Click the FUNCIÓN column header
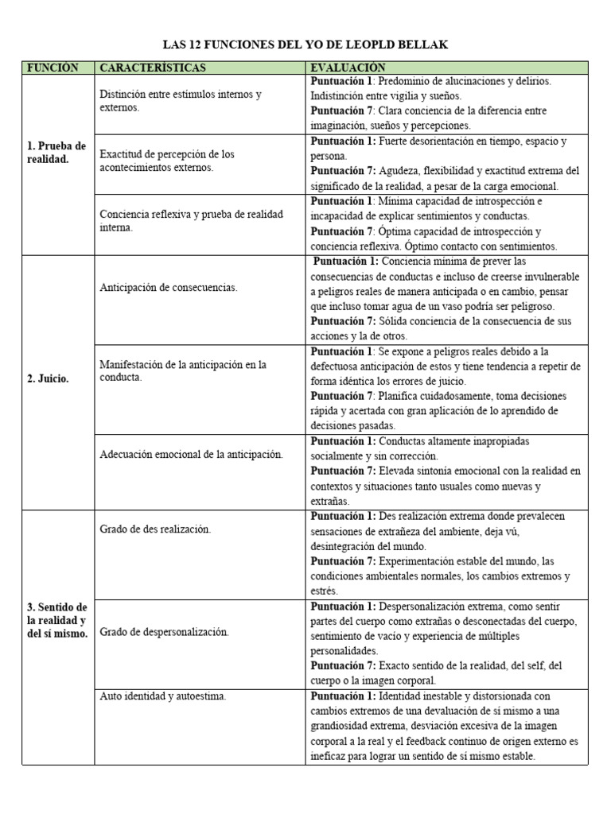53,68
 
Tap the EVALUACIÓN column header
348,68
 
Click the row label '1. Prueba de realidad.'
56,153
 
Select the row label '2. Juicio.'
49,378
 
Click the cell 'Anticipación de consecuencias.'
169,288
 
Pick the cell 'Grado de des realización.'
155,529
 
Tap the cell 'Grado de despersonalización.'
164,632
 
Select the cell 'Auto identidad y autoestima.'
162,696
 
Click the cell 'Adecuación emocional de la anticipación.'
191,455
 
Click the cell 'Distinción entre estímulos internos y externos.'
181,100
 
